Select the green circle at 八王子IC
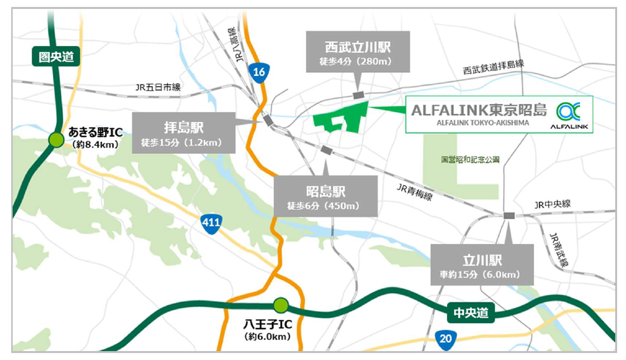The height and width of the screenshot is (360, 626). [281, 304]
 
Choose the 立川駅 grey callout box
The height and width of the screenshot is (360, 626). [482, 265]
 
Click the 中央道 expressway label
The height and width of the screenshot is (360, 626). [471, 313]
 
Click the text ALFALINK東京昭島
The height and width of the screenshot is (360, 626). [479, 110]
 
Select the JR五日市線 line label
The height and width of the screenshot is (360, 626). [158, 88]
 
